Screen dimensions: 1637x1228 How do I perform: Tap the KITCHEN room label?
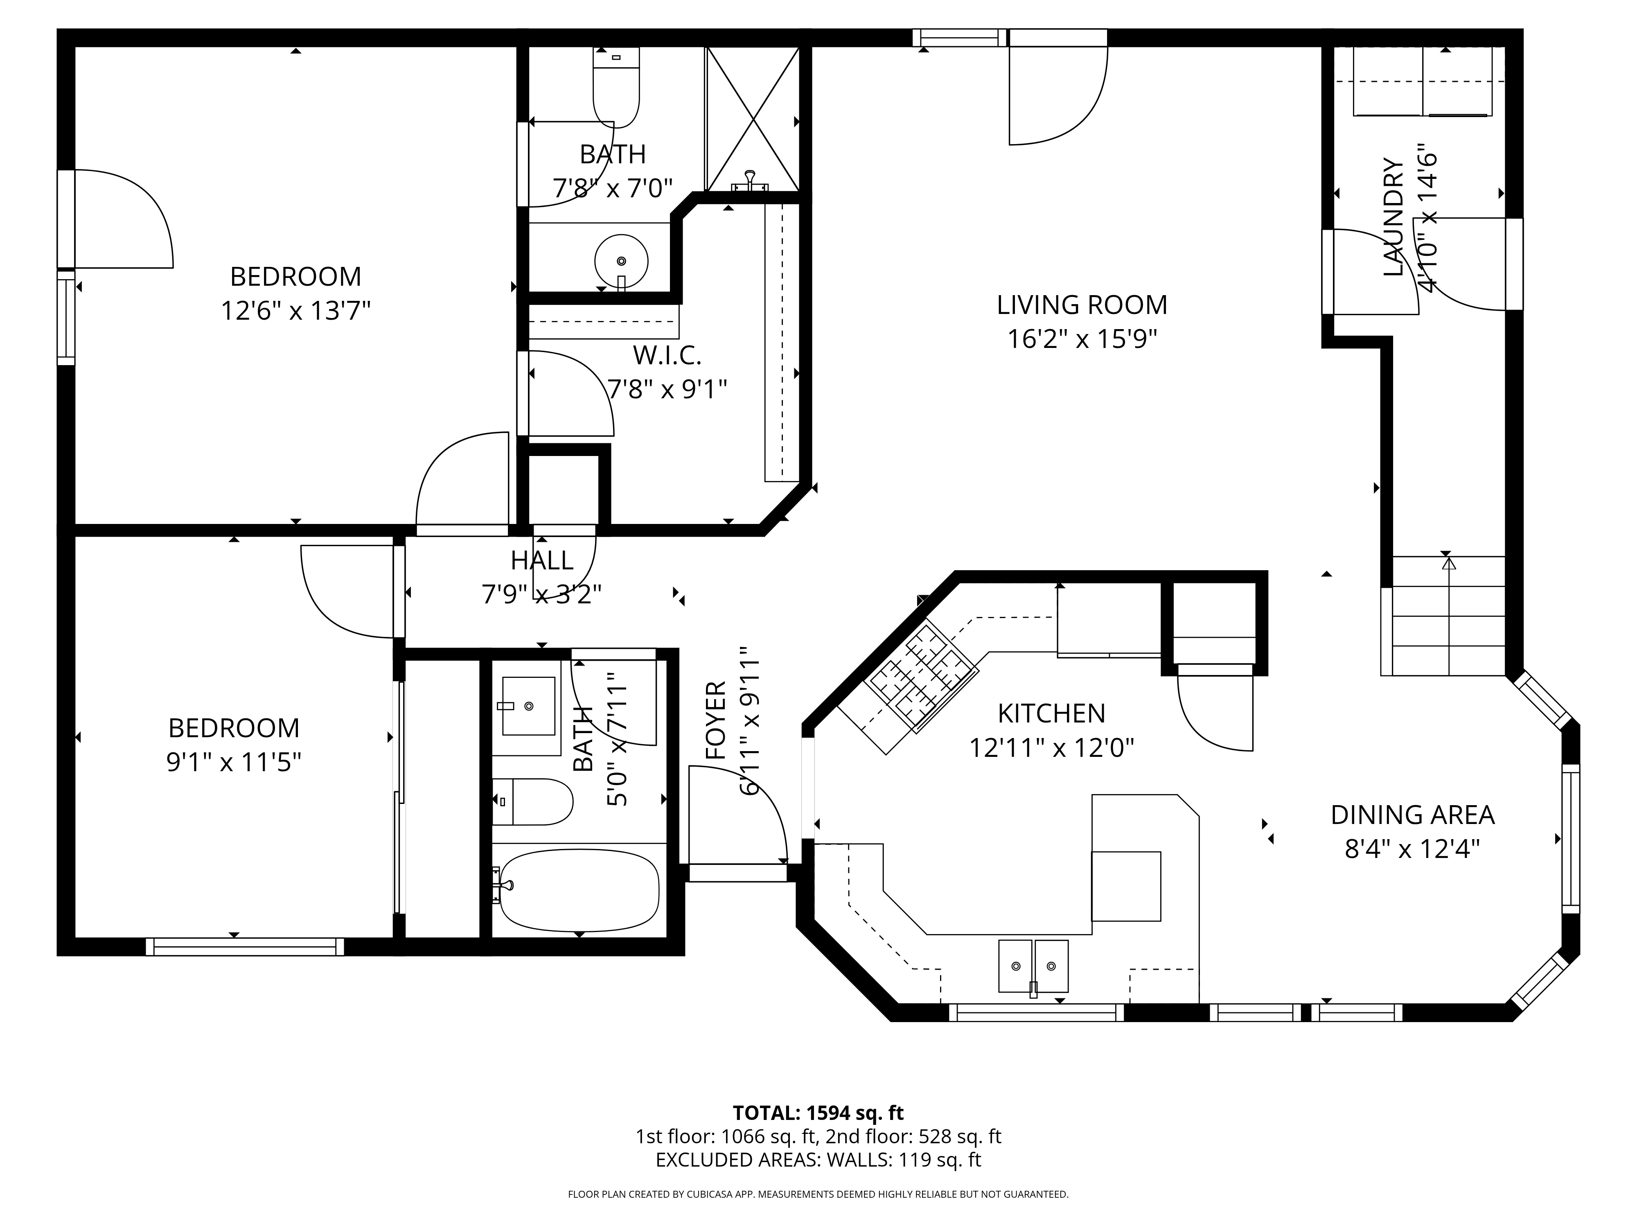1052,713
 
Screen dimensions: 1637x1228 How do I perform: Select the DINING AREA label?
1413,815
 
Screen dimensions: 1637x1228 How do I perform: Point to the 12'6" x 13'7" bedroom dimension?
295,310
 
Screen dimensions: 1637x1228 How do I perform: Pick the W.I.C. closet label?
667,356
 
